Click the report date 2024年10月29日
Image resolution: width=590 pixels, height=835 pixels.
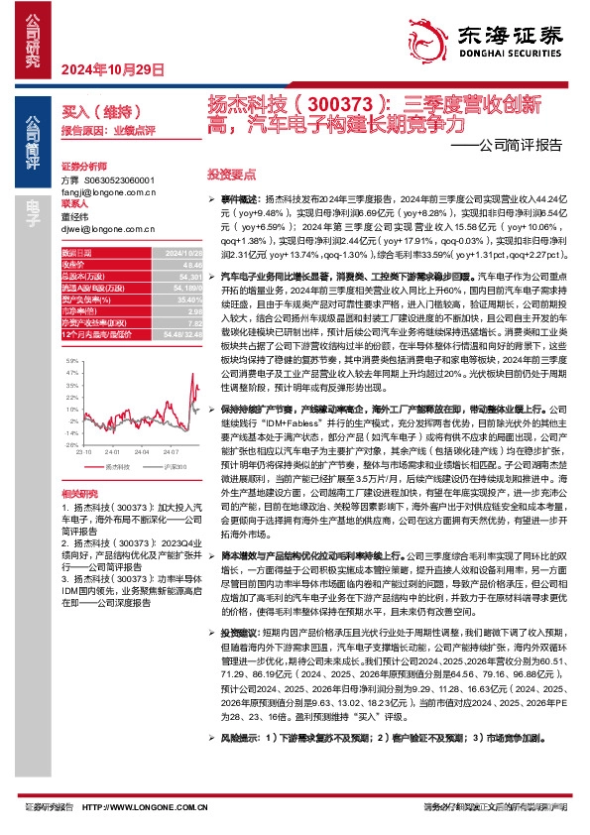(104, 68)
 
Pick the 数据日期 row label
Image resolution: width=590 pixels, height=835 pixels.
(75, 255)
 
